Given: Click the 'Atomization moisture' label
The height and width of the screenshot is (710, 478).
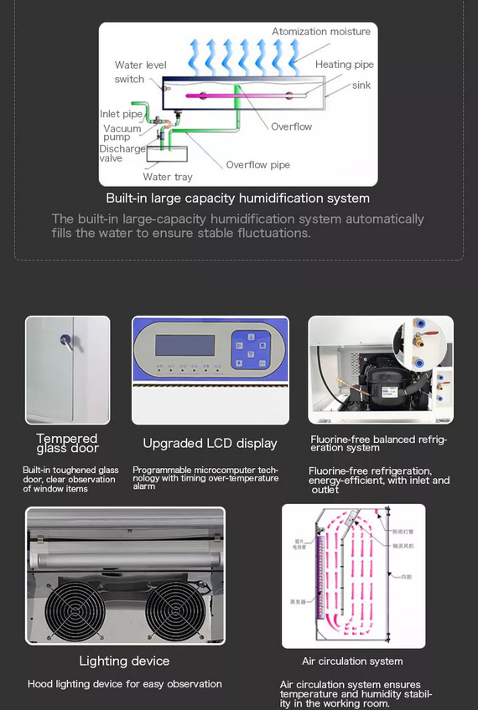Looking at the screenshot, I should pyautogui.click(x=320, y=32).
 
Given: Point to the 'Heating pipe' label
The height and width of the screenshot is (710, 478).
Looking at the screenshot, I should pyautogui.click(x=345, y=64).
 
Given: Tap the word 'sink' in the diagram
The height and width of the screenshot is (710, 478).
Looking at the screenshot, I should pyautogui.click(x=361, y=85).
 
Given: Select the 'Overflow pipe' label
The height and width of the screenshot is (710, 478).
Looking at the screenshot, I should pyautogui.click(x=257, y=165).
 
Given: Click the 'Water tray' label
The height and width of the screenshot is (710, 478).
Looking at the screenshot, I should pyautogui.click(x=167, y=177).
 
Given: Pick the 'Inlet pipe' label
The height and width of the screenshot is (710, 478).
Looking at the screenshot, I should pyautogui.click(x=121, y=114).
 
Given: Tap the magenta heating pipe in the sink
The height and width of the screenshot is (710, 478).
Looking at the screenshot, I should pyautogui.click(x=226, y=95).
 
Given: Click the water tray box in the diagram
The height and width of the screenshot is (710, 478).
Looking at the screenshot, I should pyautogui.click(x=169, y=153).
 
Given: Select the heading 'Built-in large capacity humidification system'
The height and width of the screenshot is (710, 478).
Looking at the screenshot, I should pyautogui.click(x=237, y=198).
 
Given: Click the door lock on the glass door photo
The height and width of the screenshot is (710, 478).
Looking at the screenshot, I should pyautogui.click(x=65, y=340).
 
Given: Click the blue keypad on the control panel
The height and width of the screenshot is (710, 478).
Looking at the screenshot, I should pyautogui.click(x=251, y=349).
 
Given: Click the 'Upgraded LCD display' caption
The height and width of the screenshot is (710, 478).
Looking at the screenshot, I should pyautogui.click(x=210, y=443).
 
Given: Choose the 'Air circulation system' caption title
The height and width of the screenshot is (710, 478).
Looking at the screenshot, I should pyautogui.click(x=352, y=661).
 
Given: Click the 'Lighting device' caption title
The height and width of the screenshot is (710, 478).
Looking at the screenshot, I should pyautogui.click(x=124, y=661).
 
